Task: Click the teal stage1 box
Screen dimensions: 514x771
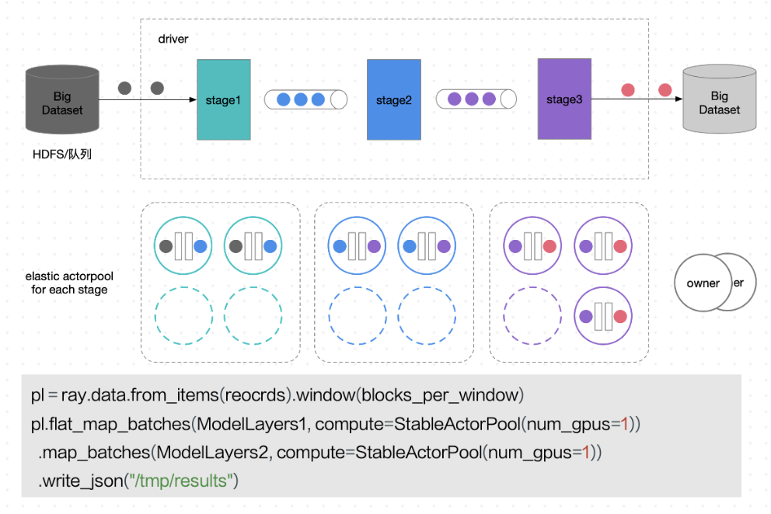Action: coord(224,100)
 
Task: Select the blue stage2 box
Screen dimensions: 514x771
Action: coord(393,100)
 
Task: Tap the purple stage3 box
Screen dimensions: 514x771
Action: coord(563,99)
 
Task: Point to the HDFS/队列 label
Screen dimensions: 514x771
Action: coord(64,155)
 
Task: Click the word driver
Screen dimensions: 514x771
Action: coord(173,38)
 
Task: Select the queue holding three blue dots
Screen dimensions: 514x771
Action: coord(305,99)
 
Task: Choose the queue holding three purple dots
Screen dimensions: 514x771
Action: coord(476,99)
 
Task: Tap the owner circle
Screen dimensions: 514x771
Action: coord(703,283)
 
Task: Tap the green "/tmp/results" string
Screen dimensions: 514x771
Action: coord(180,481)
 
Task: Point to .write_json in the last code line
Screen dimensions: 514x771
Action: coord(80,481)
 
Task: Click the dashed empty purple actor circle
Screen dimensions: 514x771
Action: coord(532,316)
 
